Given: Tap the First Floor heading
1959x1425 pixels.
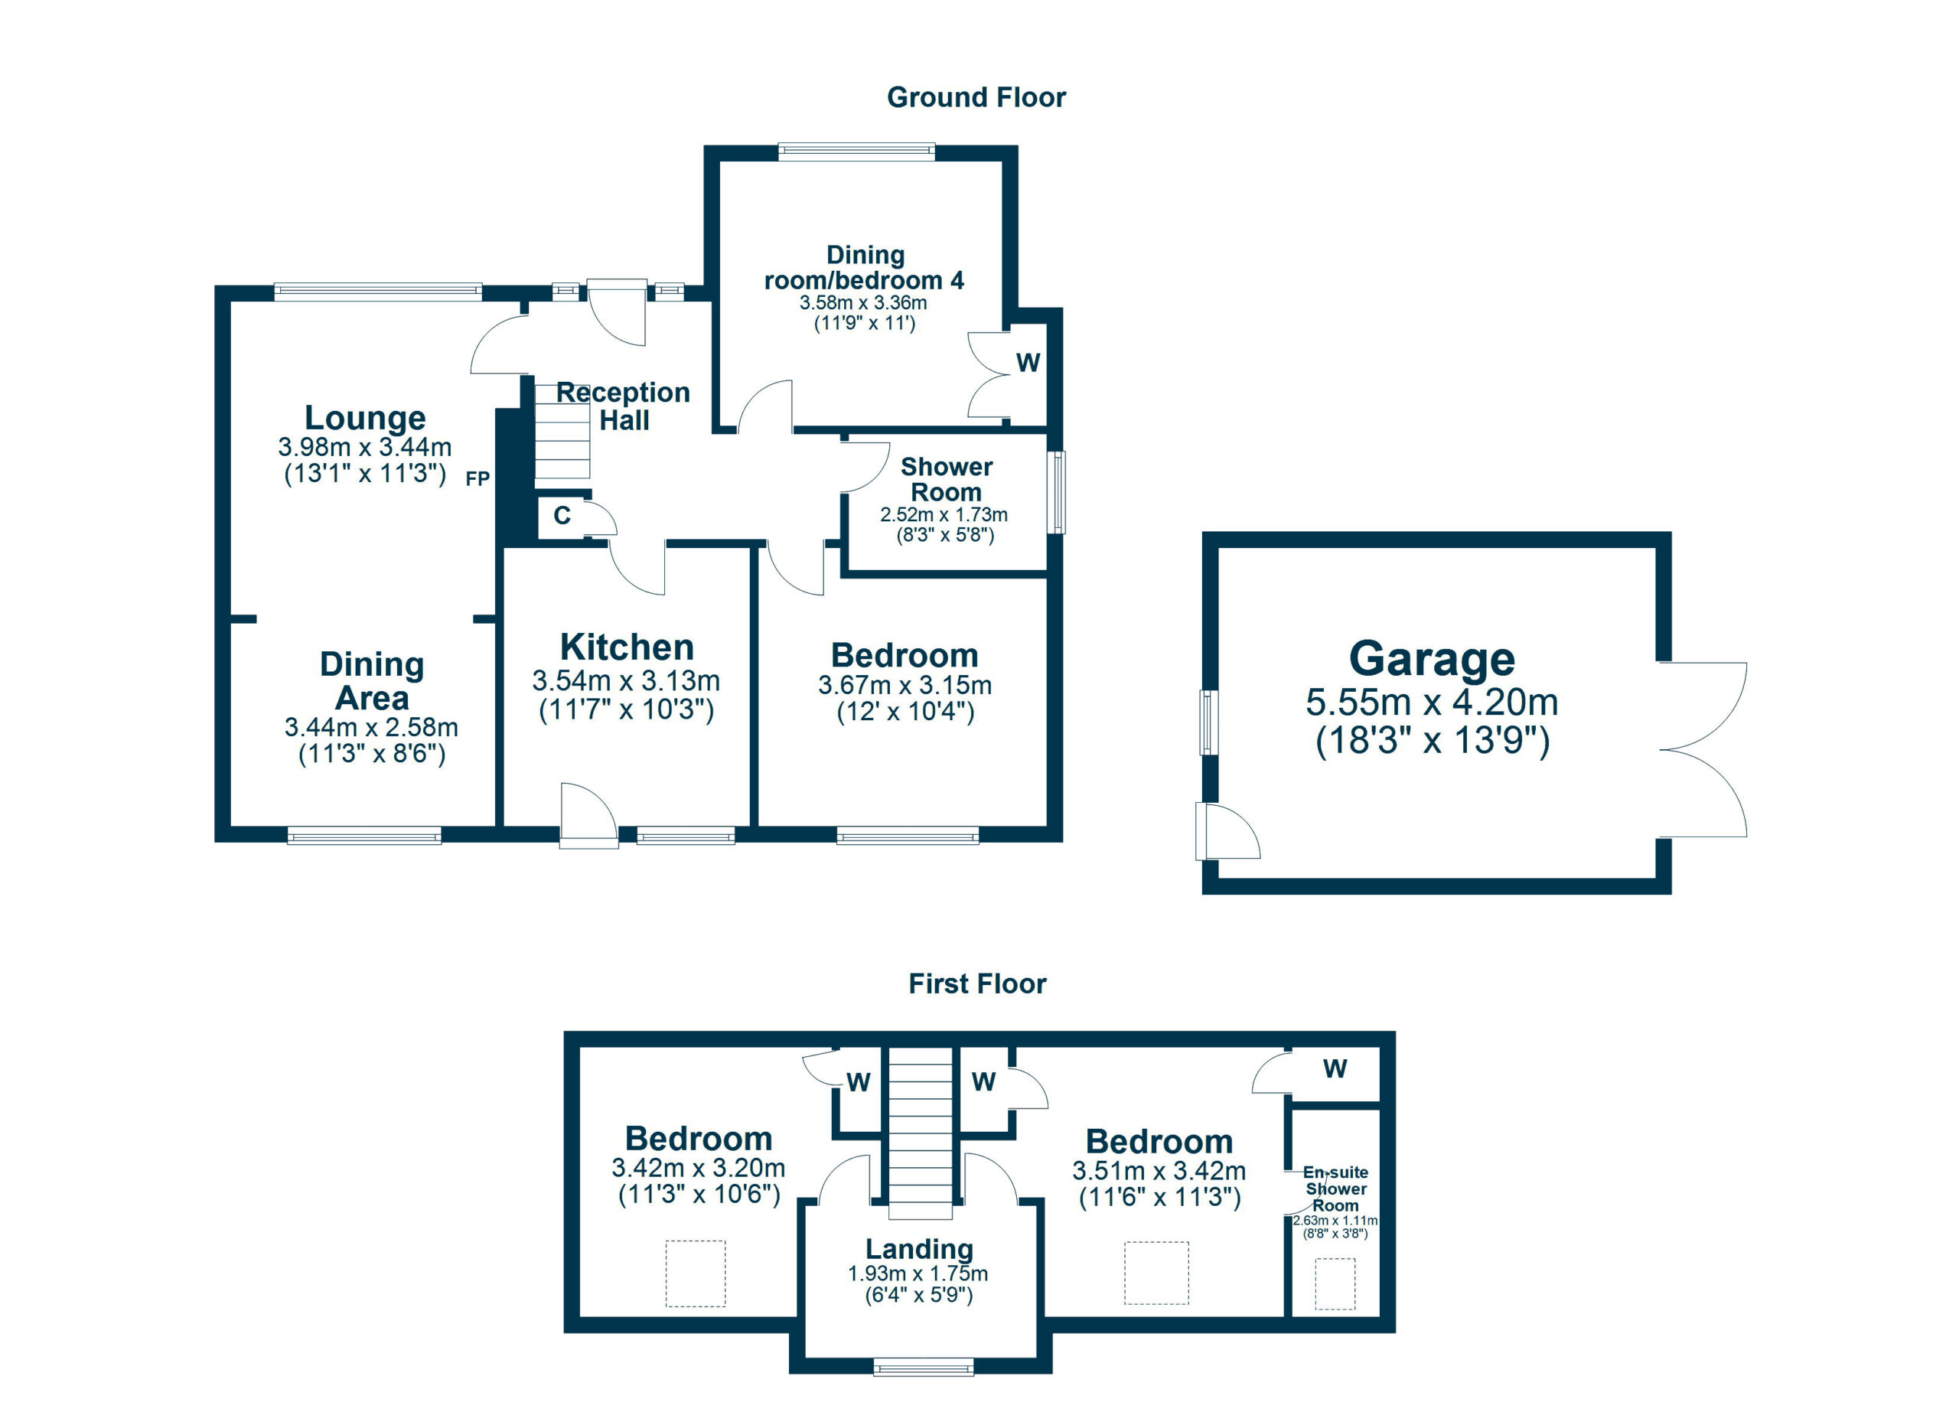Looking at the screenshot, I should [977, 983].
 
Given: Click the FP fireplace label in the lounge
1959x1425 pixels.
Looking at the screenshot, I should [478, 478].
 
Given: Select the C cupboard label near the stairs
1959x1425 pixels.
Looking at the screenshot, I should [562, 516].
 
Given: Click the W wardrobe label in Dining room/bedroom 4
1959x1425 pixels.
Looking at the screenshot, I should [1028, 363].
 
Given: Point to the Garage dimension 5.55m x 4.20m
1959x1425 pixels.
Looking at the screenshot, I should [1431, 702].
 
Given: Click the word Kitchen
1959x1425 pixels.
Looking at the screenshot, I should [626, 647].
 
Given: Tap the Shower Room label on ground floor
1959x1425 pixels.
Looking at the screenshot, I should [946, 479].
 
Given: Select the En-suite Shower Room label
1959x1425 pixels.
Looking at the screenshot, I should [1335, 1189].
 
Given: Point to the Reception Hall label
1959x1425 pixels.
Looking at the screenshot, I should [623, 406].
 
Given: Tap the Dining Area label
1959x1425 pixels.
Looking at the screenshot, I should [371, 680].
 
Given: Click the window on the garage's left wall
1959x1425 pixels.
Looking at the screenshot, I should [1209, 722].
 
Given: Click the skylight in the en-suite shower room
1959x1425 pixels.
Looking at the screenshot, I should [1335, 1283].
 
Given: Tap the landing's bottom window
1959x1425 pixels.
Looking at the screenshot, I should [924, 1366].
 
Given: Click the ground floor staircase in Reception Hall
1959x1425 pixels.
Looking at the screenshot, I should [562, 432].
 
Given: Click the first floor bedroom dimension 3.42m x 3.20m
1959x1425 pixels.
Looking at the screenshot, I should [698, 1169].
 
